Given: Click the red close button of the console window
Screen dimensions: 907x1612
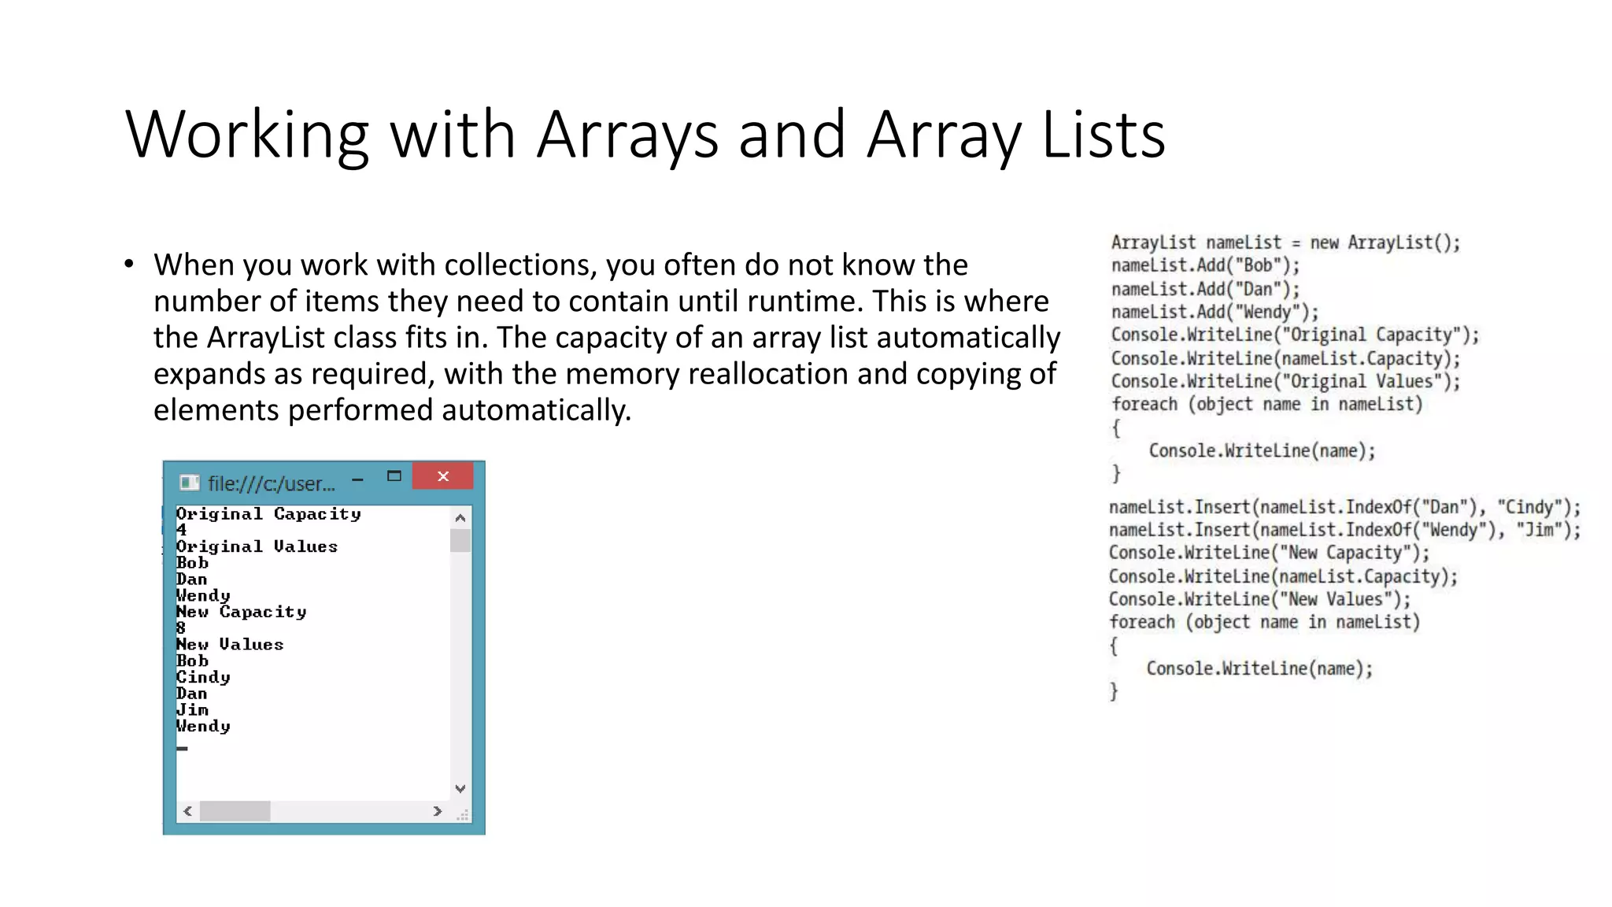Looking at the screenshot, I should (x=443, y=476).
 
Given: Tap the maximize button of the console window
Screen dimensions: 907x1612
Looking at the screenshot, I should (x=394, y=476).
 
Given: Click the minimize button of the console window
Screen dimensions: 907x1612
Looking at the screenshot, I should (x=357, y=479).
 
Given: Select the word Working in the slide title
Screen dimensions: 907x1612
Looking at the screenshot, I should (x=246, y=135).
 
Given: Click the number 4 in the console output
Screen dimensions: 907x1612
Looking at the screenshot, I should (x=181, y=530).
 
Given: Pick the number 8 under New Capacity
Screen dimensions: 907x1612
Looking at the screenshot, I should (x=181, y=628).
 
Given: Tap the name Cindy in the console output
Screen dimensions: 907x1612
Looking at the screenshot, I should (x=203, y=677).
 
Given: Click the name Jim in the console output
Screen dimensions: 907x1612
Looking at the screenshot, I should (x=192, y=710).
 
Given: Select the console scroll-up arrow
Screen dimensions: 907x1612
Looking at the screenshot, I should (x=460, y=517).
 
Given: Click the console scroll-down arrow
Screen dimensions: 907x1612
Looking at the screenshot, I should (x=460, y=788).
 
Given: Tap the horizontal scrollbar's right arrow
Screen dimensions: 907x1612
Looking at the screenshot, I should (x=438, y=811).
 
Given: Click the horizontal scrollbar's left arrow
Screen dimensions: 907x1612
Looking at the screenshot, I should (x=187, y=811).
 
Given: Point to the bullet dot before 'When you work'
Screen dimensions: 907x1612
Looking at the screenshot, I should (x=129, y=265).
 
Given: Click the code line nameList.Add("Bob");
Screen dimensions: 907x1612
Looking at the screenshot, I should (x=1205, y=265).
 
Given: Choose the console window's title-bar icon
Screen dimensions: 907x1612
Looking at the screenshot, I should (x=189, y=483).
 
